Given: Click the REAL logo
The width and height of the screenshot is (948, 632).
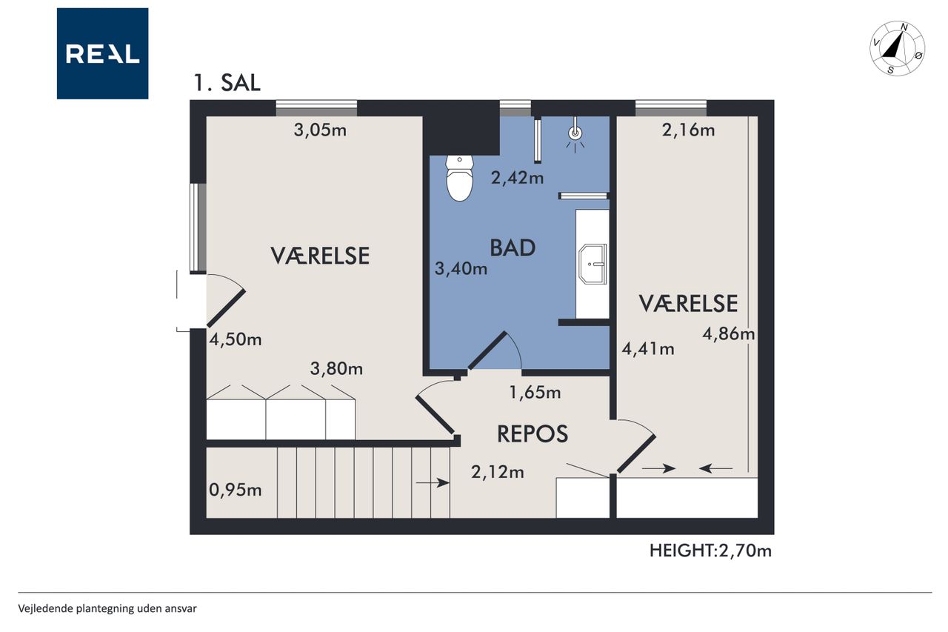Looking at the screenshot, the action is pos(102,53).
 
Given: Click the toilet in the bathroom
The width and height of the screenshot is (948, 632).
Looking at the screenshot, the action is pos(459,178).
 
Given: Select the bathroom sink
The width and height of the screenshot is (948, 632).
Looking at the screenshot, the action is pos(592,264).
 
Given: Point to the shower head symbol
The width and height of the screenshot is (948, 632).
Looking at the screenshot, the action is pos(575,134).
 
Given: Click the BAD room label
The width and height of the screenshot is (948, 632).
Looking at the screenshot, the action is pos(513,248).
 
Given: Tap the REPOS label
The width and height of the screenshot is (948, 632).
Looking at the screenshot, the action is pos(533,434).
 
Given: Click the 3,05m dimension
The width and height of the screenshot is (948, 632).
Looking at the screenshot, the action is pos(320,130).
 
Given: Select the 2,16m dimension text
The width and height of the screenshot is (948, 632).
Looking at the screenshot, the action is pos(688,130).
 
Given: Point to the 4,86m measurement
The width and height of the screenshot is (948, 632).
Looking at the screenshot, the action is pos(728,334).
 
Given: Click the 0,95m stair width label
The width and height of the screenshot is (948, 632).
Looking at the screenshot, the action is pos(236,490).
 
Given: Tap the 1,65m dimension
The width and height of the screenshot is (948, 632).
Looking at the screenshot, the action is pos(535,393).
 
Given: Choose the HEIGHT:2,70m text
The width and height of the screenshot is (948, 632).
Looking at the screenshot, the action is pos(710,550).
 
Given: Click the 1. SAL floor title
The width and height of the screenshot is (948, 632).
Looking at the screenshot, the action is pos(227,82).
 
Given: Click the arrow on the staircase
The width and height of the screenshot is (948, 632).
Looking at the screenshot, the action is pos(433,482).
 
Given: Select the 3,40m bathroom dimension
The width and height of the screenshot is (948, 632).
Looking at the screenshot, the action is pos(461,268).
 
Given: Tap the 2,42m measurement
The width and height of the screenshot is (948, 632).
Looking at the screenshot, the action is pos(517,177).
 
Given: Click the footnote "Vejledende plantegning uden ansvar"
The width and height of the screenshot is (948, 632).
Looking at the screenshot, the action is pos(107,609).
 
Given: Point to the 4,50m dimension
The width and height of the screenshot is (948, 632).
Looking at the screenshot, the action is pos(236,339).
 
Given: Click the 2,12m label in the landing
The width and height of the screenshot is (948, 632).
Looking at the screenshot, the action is pos(497,472).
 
